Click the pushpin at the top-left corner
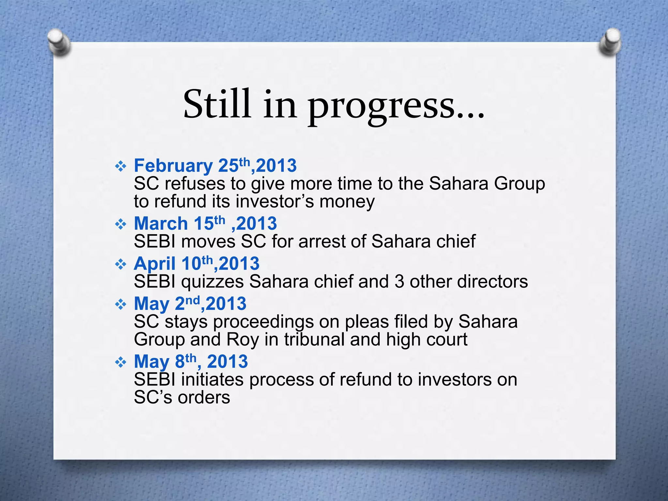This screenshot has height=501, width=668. (59, 42)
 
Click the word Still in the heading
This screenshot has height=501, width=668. (217, 104)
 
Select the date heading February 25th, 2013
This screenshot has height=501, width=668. (215, 166)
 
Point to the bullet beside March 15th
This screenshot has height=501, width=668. (121, 224)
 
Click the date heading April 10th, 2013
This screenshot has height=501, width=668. (197, 264)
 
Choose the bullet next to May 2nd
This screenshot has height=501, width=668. (121, 305)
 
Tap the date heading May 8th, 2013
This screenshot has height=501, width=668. (191, 362)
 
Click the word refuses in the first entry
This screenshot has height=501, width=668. (195, 184)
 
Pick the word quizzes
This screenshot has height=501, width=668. (212, 282)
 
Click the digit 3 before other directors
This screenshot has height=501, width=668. (399, 282)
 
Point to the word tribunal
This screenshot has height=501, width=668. (314, 340)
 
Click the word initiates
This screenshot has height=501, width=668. (212, 380)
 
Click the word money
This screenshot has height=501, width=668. (347, 202)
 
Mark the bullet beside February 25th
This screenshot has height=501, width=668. (121, 167)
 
